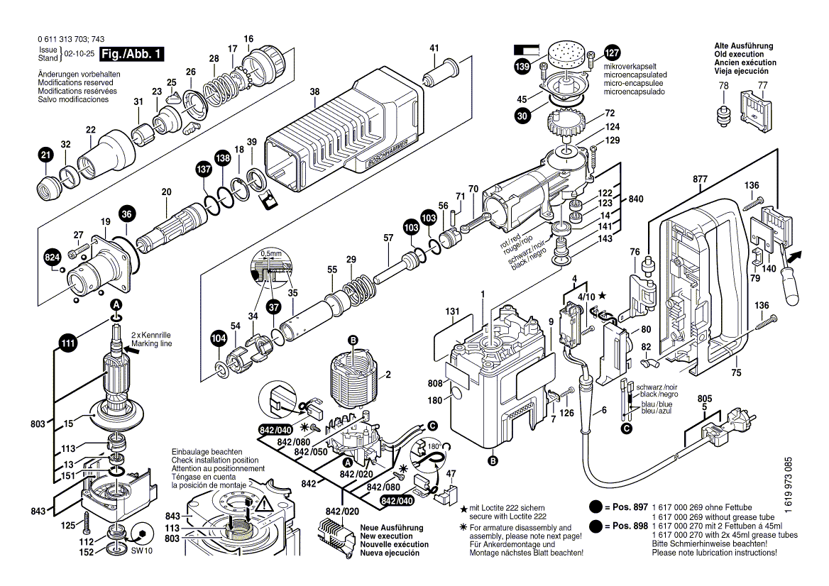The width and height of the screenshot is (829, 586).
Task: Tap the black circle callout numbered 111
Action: click(x=67, y=344)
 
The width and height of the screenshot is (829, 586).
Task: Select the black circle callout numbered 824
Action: click(x=53, y=258)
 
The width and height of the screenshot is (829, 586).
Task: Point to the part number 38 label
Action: click(x=315, y=91)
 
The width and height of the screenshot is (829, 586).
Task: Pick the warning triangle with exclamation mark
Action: click(x=264, y=505)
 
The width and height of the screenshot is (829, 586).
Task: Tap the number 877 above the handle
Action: click(x=700, y=179)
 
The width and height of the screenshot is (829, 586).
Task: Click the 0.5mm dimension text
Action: click(x=270, y=253)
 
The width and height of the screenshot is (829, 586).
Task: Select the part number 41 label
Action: click(x=434, y=48)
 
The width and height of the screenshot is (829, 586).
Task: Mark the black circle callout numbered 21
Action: click(x=45, y=155)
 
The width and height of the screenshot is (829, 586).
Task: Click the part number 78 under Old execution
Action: click(x=723, y=86)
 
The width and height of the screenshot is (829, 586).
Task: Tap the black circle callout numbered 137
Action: click(x=204, y=170)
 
